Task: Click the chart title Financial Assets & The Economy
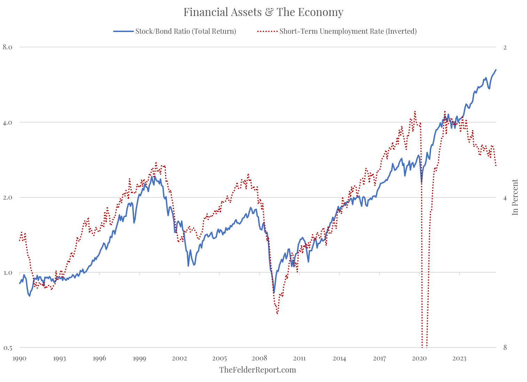pyautogui.click(x=263, y=12)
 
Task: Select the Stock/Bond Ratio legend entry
pyautogui.click(x=186, y=31)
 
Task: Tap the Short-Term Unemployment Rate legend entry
pyautogui.click(x=348, y=31)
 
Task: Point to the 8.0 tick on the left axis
pyautogui.click(x=8, y=47)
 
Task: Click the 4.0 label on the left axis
pyautogui.click(x=8, y=122)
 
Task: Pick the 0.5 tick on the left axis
pyautogui.click(x=8, y=348)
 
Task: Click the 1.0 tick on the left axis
pyautogui.click(x=8, y=272)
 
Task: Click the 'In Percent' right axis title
pyautogui.click(x=515, y=197)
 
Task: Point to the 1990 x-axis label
pyautogui.click(x=19, y=358)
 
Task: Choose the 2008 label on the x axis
pyautogui.click(x=259, y=358)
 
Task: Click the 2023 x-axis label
pyautogui.click(x=459, y=358)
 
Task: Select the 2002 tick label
pyautogui.click(x=179, y=358)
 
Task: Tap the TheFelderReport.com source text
pyautogui.click(x=258, y=370)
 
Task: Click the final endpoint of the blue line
pyautogui.click(x=496, y=69)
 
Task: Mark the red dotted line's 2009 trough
pyautogui.click(x=277, y=313)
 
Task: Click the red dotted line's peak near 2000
pyautogui.click(x=156, y=163)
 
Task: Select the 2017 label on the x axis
pyautogui.click(x=379, y=358)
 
